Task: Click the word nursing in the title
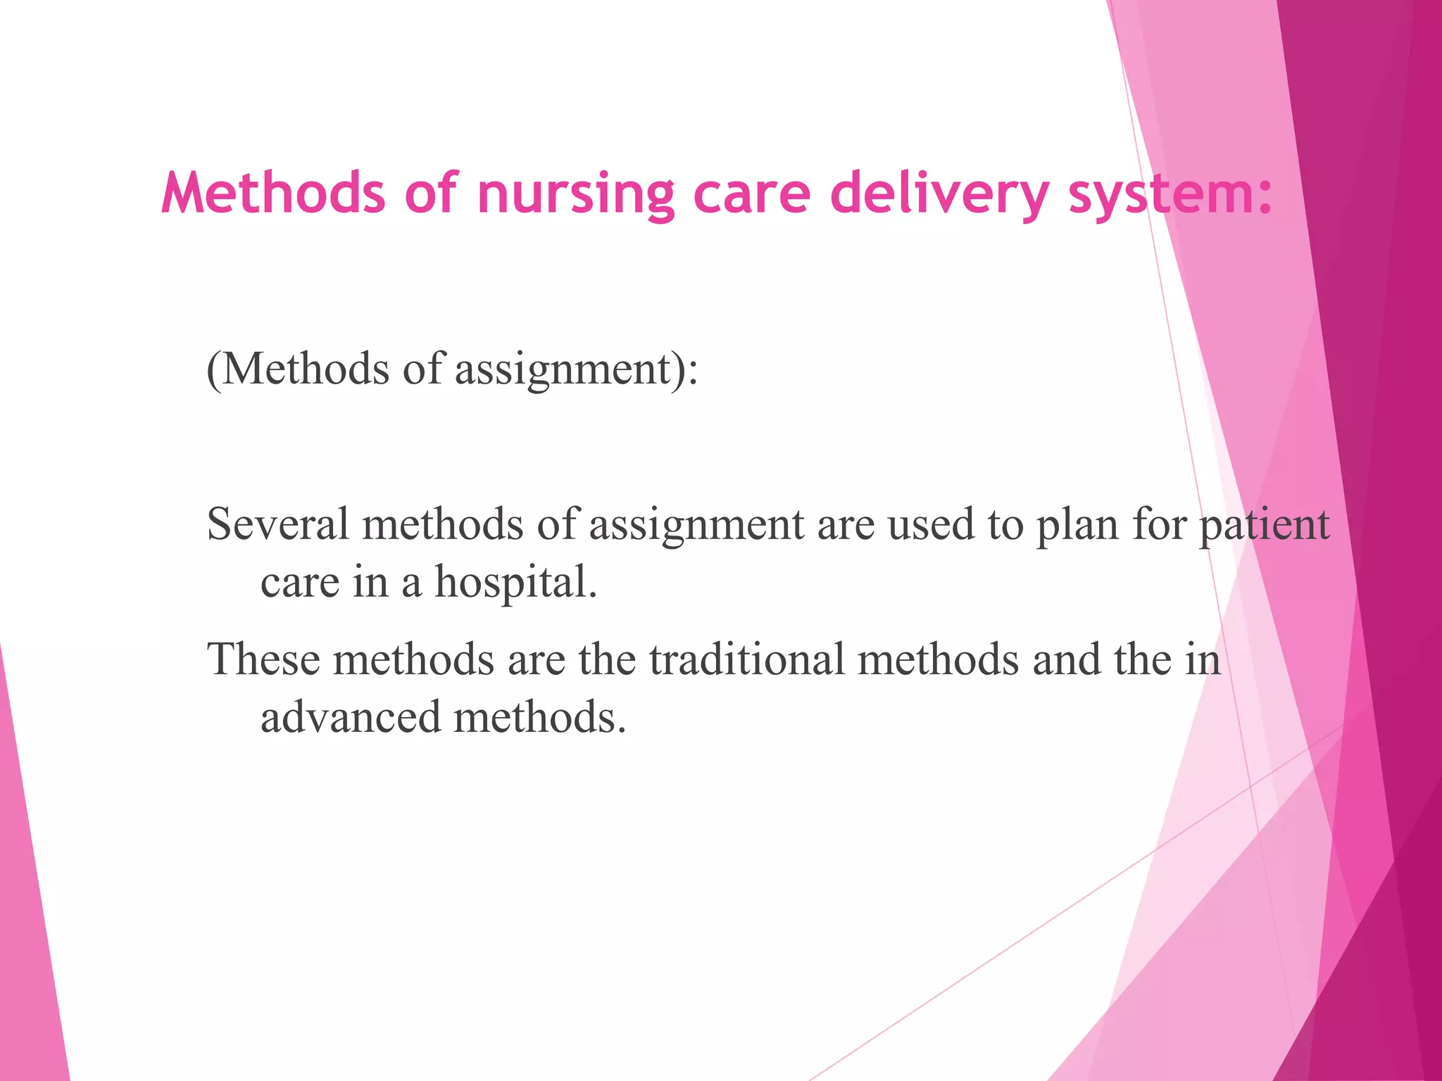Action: (575, 194)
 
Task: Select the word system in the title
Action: (1169, 194)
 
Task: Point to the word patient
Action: (1264, 524)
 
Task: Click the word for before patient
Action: (1159, 524)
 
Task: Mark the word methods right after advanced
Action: (539, 717)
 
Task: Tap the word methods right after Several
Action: (443, 524)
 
